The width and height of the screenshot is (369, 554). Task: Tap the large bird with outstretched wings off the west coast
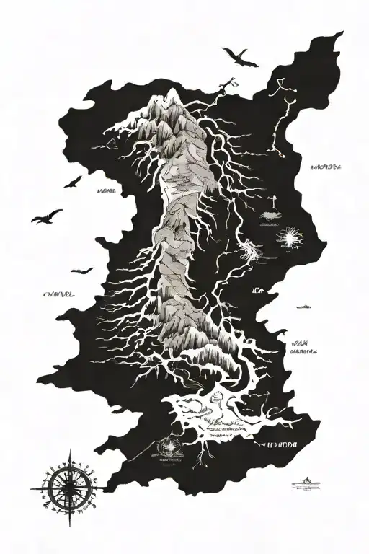click(x=48, y=215)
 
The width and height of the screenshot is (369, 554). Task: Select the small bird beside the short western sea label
click(x=73, y=182)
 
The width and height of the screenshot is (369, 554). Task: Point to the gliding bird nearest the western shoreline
click(x=81, y=271)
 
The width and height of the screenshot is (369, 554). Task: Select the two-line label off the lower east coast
click(x=303, y=348)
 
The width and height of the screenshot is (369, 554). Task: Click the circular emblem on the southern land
click(x=171, y=447)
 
